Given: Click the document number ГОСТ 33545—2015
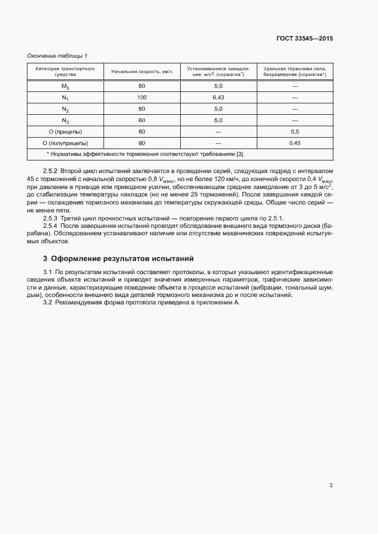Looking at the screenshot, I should pyautogui.click(x=305, y=39).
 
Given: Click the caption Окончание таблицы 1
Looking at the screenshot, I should pyautogui.click(x=57, y=55).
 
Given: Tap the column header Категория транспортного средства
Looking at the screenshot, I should pyautogui.click(x=65, y=71).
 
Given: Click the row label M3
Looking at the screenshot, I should pyautogui.click(x=65, y=86).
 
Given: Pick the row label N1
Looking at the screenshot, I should pyautogui.click(x=65, y=98).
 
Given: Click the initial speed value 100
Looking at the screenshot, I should pyautogui.click(x=142, y=98).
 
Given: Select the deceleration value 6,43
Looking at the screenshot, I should pyautogui.click(x=218, y=98).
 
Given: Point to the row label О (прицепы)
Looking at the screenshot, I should pyautogui.click(x=65, y=132).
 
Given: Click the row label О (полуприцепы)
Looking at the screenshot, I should pyautogui.click(x=65, y=143).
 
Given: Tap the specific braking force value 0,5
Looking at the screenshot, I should pyautogui.click(x=295, y=132).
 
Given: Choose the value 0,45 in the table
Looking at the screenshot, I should pyautogui.click(x=295, y=143).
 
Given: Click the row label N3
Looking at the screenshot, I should pyautogui.click(x=65, y=121).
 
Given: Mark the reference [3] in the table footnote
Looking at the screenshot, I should pyautogui.click(x=240, y=154).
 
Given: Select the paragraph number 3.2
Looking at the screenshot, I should pyautogui.click(x=48, y=302).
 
